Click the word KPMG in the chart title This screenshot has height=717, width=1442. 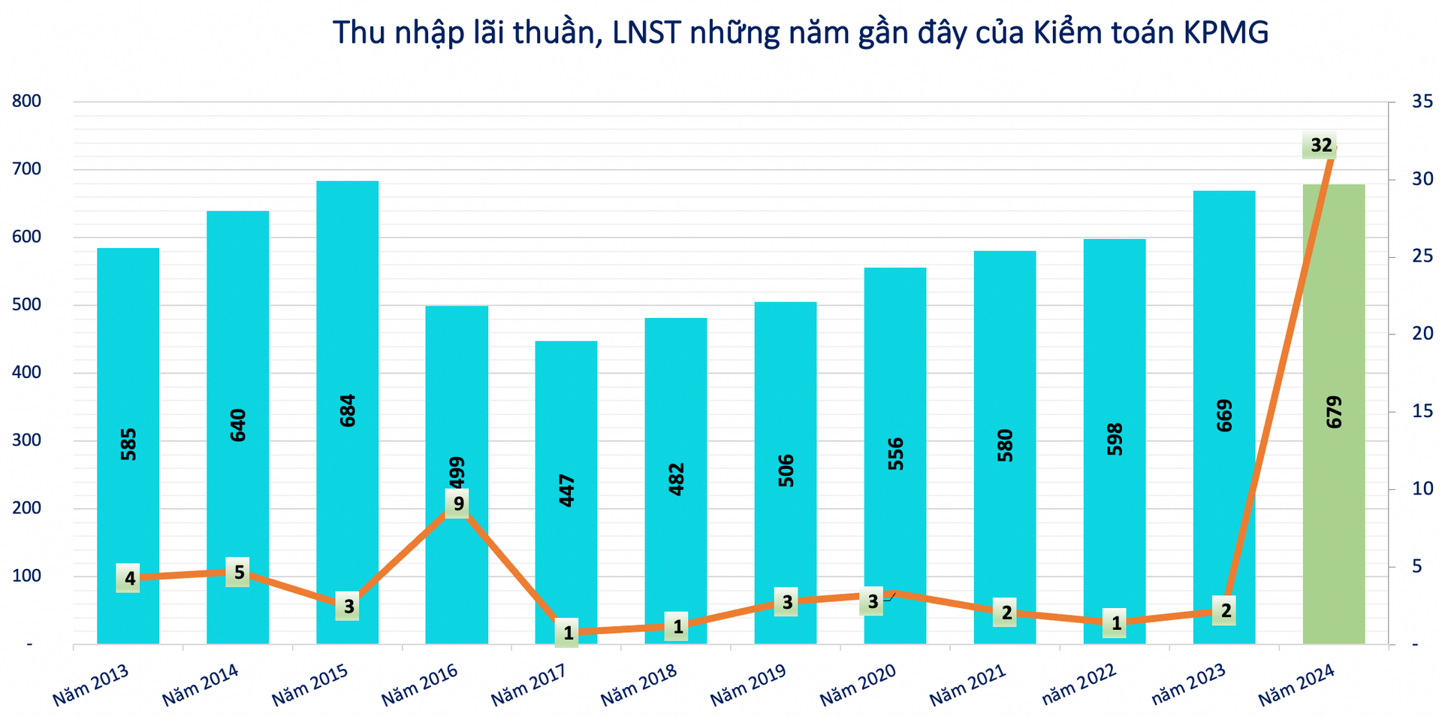1226,33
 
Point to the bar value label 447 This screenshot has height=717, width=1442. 567,490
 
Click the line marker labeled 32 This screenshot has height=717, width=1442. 1320,145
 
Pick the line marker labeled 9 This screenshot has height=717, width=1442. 458,504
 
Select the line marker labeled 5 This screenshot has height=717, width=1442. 239,573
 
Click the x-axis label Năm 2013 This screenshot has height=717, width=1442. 91,685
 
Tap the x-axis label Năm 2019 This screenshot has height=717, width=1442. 748,685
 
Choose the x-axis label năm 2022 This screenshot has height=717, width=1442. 1078,685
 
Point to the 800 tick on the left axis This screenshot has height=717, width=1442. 26,101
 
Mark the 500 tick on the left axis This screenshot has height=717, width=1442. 26,305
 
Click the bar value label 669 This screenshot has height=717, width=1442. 1224,415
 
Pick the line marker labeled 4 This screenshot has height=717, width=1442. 129,579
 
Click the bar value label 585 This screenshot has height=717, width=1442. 128,443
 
